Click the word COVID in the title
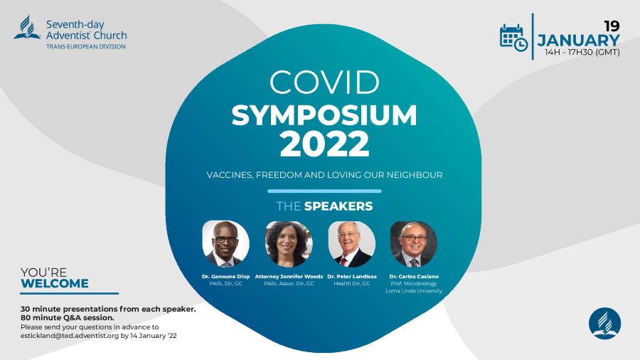324,83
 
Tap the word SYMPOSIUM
324,115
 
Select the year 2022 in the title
324,144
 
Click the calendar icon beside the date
513,38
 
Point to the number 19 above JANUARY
612,26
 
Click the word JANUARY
578,41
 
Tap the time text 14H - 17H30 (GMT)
582,52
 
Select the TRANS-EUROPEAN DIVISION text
86,46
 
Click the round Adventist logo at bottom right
605,324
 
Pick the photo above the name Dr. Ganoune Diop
225,243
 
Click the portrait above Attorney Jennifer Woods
289,243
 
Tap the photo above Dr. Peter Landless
352,243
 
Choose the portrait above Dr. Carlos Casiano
414,243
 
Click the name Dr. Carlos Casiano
414,276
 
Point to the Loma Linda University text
414,291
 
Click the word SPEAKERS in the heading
338,206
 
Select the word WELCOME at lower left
55,284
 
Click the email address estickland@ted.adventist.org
70,336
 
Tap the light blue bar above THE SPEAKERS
324,191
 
